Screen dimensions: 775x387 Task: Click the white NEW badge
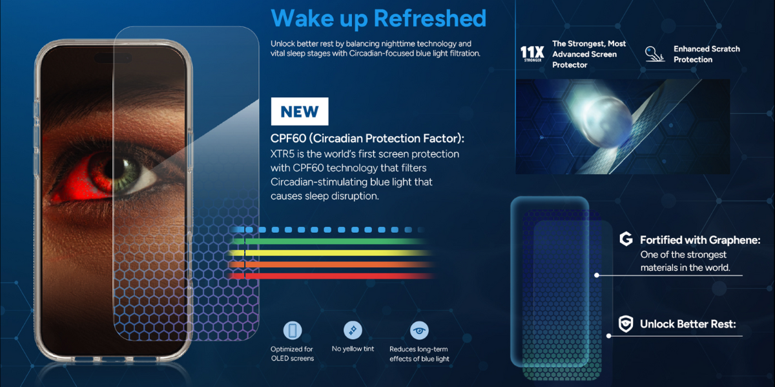300,111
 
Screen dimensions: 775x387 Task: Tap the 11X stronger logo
532,54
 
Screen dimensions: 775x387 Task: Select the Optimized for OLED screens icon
293,330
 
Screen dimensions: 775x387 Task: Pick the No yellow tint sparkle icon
353,330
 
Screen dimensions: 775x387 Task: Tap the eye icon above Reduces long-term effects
419,330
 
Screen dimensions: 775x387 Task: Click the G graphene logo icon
626,239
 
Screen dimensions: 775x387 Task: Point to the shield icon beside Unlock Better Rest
626,324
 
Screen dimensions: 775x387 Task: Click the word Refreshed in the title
430,18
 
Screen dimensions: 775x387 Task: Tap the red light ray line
331,276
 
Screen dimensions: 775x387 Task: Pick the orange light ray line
331,264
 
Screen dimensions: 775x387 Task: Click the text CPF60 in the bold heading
288,138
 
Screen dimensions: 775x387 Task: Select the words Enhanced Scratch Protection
707,54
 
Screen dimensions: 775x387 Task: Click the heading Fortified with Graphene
700,240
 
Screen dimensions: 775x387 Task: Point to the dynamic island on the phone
113,58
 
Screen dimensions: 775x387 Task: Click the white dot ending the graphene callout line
597,275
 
